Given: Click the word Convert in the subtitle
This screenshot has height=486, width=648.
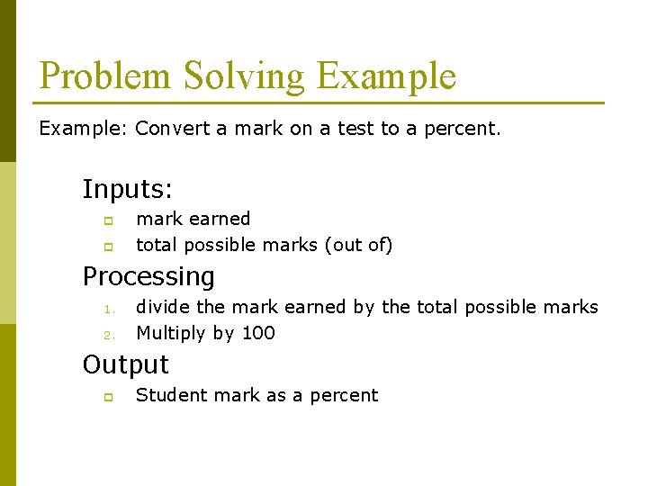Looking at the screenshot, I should (x=172, y=129).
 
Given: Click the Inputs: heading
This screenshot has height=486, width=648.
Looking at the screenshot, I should (x=128, y=190).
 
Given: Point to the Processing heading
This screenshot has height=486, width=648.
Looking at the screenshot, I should (x=148, y=276).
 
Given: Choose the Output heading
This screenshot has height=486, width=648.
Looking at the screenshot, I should (x=125, y=364).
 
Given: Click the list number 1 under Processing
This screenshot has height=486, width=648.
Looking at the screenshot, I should (x=106, y=310).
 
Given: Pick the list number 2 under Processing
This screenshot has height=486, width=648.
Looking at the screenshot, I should (x=106, y=336).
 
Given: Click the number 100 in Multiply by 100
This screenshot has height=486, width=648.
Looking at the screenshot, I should (x=258, y=333).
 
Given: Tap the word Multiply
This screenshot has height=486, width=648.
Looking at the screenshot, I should (x=171, y=334).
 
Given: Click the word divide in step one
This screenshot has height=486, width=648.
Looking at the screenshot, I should (x=163, y=307).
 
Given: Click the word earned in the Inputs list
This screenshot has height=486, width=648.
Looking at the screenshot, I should (x=224, y=219).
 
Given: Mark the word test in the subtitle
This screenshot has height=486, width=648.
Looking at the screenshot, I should (x=355, y=129).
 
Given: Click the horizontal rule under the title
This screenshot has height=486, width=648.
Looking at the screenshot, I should (x=321, y=103).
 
